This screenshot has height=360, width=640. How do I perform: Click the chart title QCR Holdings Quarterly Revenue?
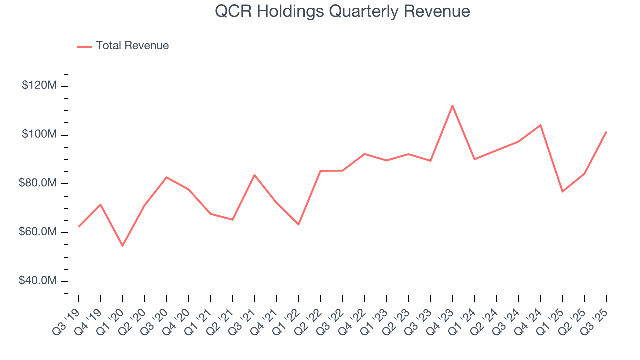pyautogui.click(x=342, y=11)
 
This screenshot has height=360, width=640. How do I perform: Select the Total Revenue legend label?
pyautogui.click(x=132, y=46)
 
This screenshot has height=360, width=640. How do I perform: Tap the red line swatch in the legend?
pyautogui.click(x=85, y=46)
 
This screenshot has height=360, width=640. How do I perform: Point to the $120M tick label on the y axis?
pyautogui.click(x=39, y=86)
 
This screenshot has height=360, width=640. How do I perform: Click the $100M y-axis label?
pyautogui.click(x=39, y=135)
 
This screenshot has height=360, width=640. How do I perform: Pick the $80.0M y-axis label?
pyautogui.click(x=38, y=183)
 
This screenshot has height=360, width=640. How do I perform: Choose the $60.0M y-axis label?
pyautogui.click(x=38, y=232)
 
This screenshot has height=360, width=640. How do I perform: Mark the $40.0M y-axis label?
pyautogui.click(x=38, y=281)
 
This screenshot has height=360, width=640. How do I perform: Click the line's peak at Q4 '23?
pyautogui.click(x=452, y=105)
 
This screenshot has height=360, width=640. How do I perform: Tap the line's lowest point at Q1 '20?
pyautogui.click(x=123, y=246)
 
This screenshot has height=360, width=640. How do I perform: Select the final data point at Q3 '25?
pyautogui.click(x=606, y=132)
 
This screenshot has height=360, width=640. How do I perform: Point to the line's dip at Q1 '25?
pyautogui.click(x=562, y=192)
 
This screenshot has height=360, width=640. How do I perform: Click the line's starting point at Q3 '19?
pyautogui.click(x=79, y=227)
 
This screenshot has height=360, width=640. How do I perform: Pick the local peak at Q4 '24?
pyautogui.click(x=540, y=125)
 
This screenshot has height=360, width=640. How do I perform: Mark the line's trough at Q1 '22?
pyautogui.click(x=299, y=225)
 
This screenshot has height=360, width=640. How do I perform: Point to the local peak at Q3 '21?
pyautogui.click(x=255, y=175)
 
